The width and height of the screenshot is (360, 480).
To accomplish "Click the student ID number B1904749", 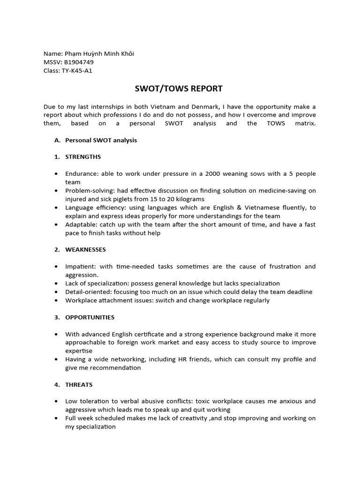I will click(79, 62).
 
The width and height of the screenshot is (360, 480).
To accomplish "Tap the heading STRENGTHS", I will click(83, 157).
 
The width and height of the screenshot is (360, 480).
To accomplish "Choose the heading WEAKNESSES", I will click(85, 249).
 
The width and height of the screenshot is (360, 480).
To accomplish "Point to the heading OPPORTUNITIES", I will click(90, 317).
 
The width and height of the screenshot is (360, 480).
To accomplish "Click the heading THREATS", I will click(79, 384).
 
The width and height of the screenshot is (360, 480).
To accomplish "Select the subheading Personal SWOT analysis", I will click(101, 140).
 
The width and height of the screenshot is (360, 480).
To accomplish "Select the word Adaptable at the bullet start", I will click(81, 225).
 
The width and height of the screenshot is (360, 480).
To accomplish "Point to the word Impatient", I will click(80, 266).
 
